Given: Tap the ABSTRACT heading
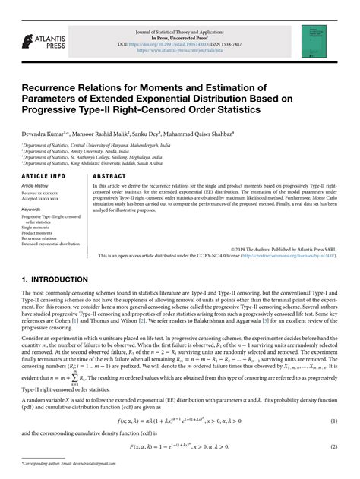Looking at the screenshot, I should click(110, 175).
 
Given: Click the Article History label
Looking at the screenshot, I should click(36, 186).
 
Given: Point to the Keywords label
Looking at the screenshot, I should click(31, 209).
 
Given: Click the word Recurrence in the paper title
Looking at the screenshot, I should click(55, 86).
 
